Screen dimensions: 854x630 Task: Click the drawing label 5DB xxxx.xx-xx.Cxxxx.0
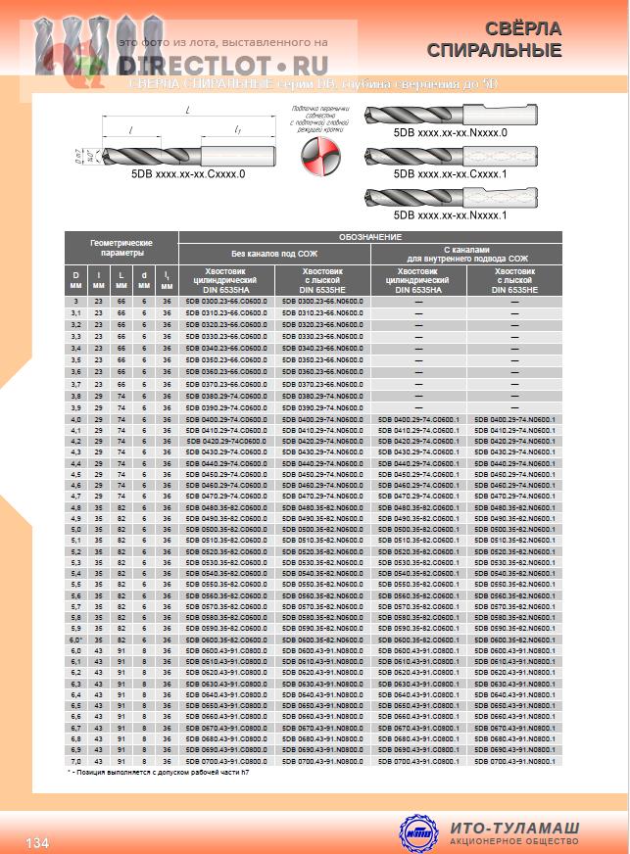(187, 173)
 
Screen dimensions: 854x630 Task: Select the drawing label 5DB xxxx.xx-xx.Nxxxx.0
(450, 131)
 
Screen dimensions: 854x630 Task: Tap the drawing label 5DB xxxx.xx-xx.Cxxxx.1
(450, 172)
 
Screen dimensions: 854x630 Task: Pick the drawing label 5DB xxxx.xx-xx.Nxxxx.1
(450, 213)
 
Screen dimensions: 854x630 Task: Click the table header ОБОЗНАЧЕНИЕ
(369, 237)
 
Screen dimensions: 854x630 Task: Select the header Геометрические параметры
(121, 248)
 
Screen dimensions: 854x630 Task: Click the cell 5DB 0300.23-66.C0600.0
(225, 302)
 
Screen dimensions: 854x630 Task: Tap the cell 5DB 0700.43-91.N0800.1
(513, 760)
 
